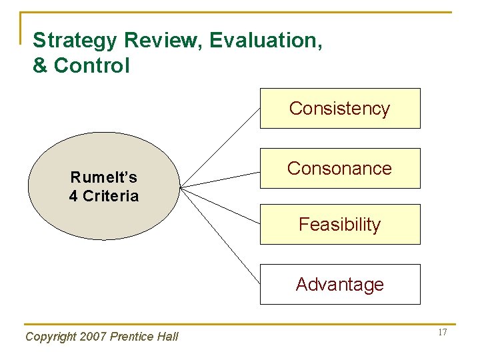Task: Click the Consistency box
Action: click(340, 108)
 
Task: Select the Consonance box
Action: click(340, 168)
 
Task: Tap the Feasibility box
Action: click(340, 225)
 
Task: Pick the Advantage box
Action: click(340, 285)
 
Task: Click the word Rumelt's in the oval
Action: click(104, 177)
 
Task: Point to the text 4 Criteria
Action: click(104, 196)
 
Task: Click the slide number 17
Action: click(443, 333)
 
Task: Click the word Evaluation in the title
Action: click(266, 41)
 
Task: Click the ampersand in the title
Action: click(40, 67)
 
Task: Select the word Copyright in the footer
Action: click(49, 337)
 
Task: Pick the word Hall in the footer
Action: click(167, 337)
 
